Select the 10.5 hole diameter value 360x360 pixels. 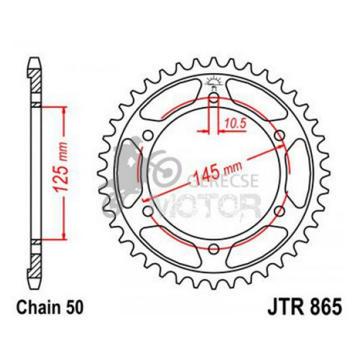pos(233,123)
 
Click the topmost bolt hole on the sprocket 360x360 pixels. pos(213,99)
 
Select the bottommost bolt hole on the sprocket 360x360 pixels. pos(213,248)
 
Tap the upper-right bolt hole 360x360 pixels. pos(280,136)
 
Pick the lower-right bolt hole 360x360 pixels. pos(280,210)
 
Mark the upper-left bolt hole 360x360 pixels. pos(148,136)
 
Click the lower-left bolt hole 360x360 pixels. pos(148,210)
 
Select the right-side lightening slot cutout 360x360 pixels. pos(299,173)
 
